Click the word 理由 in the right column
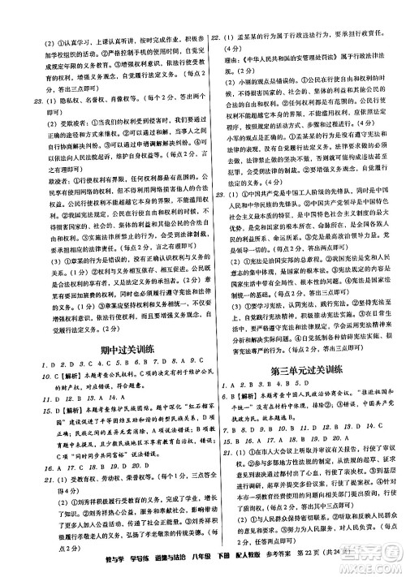(227, 58)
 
